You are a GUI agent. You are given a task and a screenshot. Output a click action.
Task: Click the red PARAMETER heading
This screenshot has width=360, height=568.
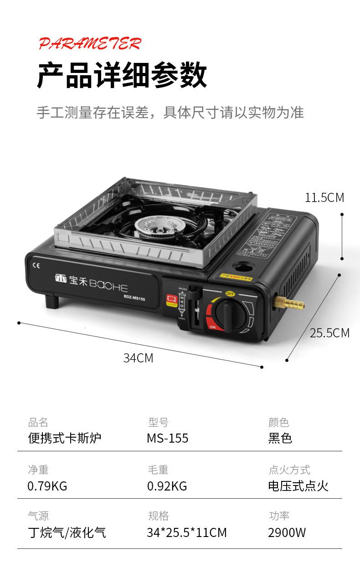coord(90,44)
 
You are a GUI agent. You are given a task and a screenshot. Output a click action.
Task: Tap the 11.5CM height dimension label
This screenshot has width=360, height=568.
coord(324,197)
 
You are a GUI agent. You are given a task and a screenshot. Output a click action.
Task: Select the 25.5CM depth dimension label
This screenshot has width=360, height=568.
coord(329,333)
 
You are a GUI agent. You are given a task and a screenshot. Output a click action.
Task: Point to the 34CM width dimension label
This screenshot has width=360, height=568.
coord(138,358)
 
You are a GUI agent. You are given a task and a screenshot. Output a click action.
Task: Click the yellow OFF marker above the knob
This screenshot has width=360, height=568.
coord(230,294)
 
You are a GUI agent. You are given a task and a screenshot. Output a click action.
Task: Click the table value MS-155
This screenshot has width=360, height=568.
coord(167,439)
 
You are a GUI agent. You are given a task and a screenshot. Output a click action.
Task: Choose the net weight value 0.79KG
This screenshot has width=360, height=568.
coord(47,486)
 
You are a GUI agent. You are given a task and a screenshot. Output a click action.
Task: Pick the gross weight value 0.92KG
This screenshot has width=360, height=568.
coord(167,486)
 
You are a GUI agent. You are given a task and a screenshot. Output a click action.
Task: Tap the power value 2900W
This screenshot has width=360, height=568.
coord(287,532)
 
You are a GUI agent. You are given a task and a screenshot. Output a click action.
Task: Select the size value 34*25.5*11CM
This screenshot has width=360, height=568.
coord(186,532)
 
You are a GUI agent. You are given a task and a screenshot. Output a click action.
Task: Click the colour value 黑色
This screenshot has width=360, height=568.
coord(280,439)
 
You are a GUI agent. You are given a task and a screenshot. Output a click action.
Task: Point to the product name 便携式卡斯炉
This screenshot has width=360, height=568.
coord(64,439)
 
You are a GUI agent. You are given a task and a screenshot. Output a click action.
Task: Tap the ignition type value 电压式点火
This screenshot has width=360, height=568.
coord(298,486)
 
